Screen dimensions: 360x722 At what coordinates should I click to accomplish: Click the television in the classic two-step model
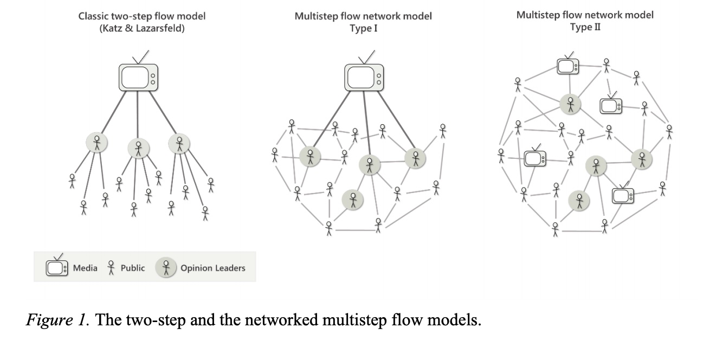pos(137,76)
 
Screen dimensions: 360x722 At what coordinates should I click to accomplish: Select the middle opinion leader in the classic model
pos(138,147)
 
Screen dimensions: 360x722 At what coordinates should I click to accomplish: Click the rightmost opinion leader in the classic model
pos(179,143)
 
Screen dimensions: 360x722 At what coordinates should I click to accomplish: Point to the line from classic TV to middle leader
pos(138,114)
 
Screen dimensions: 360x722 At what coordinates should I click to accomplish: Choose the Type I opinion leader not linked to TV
pos(353,200)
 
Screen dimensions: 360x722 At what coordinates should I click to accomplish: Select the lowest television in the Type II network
pos(623,195)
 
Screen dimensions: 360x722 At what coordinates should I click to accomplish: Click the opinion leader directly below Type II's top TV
pos(570,103)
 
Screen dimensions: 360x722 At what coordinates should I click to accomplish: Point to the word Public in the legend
pos(132,268)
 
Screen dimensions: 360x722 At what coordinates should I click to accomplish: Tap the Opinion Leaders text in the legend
pos(212,268)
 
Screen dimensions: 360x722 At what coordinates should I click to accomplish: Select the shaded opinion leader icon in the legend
pos(166,267)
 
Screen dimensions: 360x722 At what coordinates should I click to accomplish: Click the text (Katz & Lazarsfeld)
pos(141,28)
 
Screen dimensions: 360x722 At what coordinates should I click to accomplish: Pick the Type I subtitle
pos(363,28)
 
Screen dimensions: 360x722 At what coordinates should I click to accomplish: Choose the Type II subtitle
pos(585,27)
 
